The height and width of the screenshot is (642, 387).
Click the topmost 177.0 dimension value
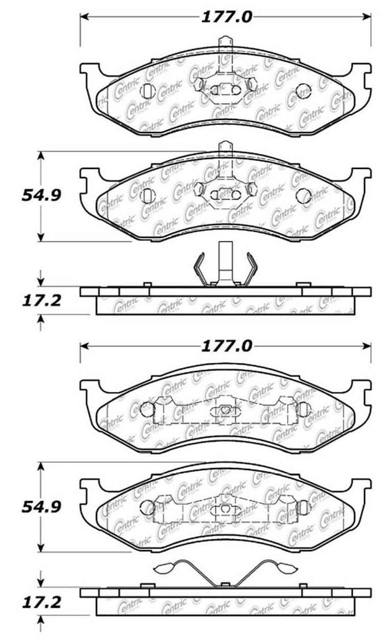[x=226, y=17]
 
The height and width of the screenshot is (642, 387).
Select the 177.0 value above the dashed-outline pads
[x=226, y=346]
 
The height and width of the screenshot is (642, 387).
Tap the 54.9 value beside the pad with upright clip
[x=41, y=195]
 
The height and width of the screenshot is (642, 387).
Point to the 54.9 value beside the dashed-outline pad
[x=41, y=507]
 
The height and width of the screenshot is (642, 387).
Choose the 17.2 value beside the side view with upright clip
[x=41, y=301]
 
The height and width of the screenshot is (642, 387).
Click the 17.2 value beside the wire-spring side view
[x=41, y=602]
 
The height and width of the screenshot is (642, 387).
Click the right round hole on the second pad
[x=304, y=195]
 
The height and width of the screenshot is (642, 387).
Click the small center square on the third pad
[x=225, y=409]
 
